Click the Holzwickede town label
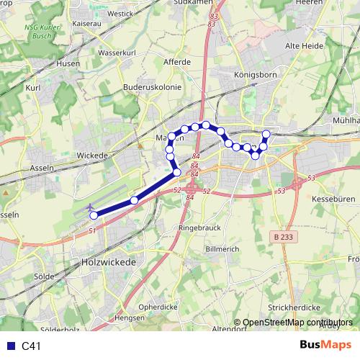coord(109,263)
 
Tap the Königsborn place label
coord(251,74)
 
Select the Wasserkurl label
coord(117,53)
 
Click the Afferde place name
coord(177,62)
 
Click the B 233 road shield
coord(285,235)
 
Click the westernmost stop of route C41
coord(94,215)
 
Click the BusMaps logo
coord(326,346)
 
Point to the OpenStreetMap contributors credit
coord(297,323)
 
